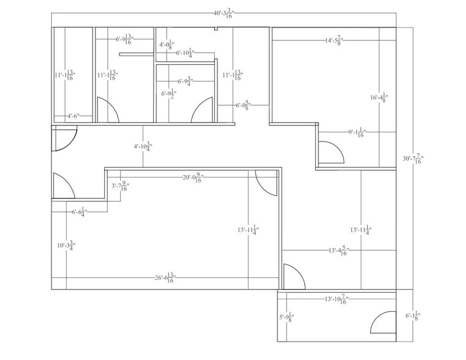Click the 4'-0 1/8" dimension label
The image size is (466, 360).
pos(167,45)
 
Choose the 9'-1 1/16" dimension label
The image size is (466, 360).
pos(357,132)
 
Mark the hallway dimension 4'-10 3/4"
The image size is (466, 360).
pos(143,147)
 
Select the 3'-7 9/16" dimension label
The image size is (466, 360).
pos(119,186)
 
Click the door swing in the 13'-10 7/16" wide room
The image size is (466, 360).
pos(383,322)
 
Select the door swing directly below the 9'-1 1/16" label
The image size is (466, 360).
pos(331,152)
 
